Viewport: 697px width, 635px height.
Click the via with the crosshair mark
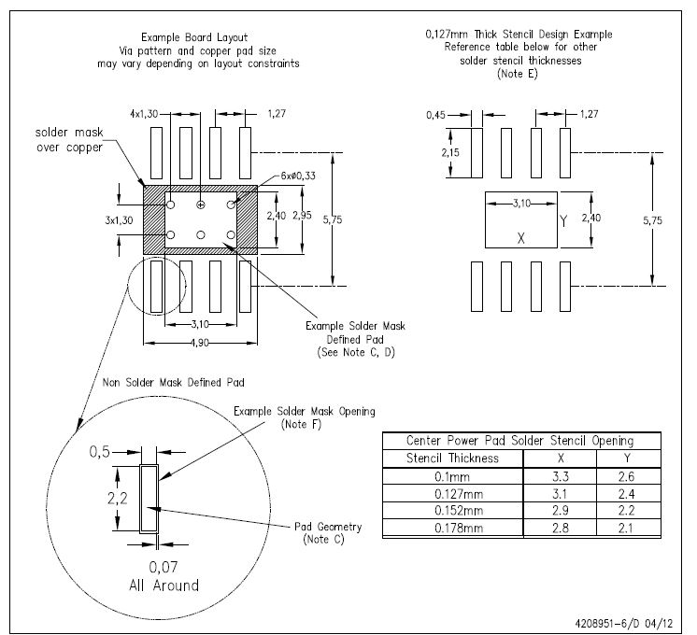pyautogui.click(x=201, y=205)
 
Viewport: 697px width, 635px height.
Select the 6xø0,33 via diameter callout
pyautogui.click(x=298, y=176)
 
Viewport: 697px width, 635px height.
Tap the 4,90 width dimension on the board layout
pyautogui.click(x=200, y=343)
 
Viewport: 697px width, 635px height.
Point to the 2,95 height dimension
pyautogui.click(x=303, y=216)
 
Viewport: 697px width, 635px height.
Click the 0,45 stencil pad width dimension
pyautogui.click(x=435, y=115)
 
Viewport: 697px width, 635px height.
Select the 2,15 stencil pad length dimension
pyautogui.click(x=450, y=153)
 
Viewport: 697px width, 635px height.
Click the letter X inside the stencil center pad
pyautogui.click(x=521, y=239)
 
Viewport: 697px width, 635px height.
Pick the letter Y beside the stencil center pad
pyautogui.click(x=563, y=221)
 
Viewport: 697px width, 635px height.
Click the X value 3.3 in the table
pyautogui.click(x=561, y=477)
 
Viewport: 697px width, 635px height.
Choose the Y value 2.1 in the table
pyautogui.click(x=626, y=528)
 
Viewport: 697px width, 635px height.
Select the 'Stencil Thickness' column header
pyautogui.click(x=452, y=459)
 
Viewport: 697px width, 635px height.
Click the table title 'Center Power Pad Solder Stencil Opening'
pyautogui.click(x=520, y=441)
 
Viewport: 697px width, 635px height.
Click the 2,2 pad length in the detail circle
pyautogui.click(x=118, y=499)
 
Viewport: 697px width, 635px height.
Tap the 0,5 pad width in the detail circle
pyautogui.click(x=100, y=452)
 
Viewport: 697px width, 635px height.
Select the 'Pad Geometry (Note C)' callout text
pyautogui.click(x=328, y=533)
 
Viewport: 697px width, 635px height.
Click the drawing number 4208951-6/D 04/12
pyautogui.click(x=623, y=624)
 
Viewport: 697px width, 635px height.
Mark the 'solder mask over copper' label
pyautogui.click(x=69, y=139)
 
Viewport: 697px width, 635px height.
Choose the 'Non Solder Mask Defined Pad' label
pyautogui.click(x=174, y=383)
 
